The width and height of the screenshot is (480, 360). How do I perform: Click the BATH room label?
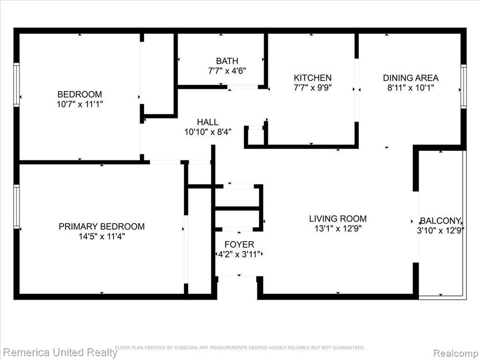pos(227,61)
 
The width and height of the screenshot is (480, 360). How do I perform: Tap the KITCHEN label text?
pos(313,78)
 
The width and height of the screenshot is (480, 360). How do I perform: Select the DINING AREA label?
pos(411,78)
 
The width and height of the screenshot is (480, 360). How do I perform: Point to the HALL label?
pos(208,122)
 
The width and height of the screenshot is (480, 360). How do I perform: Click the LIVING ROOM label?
pos(337,218)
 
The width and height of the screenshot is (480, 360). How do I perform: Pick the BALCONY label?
pos(440,221)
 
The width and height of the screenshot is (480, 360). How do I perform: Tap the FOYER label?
pos(239,244)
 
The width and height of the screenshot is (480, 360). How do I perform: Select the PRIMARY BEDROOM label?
pos(102,226)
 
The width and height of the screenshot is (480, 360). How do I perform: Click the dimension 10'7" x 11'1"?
pos(80,105)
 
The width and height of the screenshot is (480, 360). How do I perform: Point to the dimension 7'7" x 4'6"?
pos(227,71)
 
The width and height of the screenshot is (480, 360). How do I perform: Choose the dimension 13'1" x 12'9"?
pos(337,229)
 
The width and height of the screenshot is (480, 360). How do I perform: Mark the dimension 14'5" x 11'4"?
pos(102,237)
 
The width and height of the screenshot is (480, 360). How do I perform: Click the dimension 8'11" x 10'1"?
pos(411,88)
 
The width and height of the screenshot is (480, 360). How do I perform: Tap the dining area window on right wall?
pos(464,86)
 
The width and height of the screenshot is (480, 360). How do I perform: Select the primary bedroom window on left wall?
pos(16,206)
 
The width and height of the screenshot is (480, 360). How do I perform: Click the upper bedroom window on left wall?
pos(16,85)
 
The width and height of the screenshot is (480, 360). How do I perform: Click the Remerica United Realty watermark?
pos(60,352)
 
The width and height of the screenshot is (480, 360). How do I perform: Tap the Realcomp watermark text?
pos(456,353)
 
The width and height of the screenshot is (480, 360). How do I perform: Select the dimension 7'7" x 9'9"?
pos(313,88)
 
